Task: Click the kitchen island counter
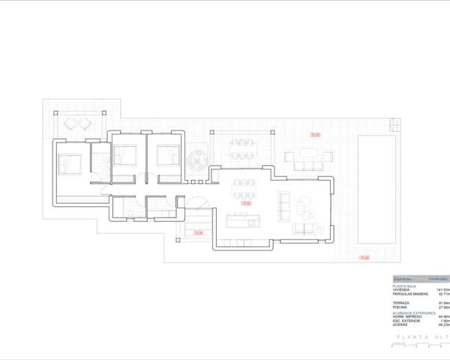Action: pyautogui.click(x=242, y=220)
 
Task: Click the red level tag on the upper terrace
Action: pyautogui.click(x=315, y=135)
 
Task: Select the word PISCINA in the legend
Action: pyautogui.click(x=400, y=307)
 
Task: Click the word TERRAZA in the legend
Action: pyautogui.click(x=400, y=302)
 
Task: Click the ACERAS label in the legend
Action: pyautogui.click(x=400, y=325)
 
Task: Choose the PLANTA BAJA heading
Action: pyautogui.click(x=404, y=286)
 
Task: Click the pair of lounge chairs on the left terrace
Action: pyautogui.click(x=75, y=121)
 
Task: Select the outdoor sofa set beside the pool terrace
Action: pyautogui.click(x=308, y=159)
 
